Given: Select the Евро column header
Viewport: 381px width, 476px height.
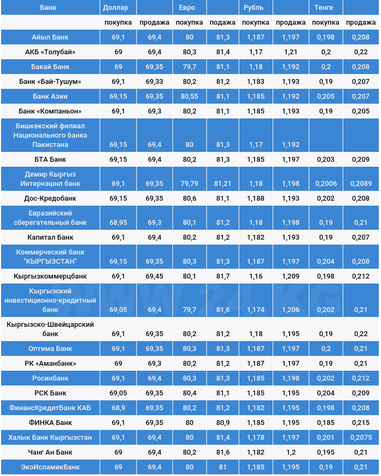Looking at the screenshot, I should tap(187, 8).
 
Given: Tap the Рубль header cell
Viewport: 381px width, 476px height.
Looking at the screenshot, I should tap(253, 8).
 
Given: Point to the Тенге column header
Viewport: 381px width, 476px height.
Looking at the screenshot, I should tap(324, 8).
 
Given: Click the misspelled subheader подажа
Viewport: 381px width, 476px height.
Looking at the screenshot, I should tap(223, 22).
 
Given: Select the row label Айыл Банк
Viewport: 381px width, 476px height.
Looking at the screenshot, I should tap(50, 37).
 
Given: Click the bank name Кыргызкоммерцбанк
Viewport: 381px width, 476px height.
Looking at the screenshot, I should tap(50, 276).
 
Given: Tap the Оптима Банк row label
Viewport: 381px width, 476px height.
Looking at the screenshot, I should tap(50, 349).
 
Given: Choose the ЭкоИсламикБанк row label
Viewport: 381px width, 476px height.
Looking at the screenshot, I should tap(50, 467).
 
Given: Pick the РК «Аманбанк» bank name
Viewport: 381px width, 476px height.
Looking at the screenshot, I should tap(50, 364).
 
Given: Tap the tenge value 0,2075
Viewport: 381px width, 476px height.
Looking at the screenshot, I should tap(360, 438).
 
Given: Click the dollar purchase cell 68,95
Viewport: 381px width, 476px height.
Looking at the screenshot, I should tap(118, 223).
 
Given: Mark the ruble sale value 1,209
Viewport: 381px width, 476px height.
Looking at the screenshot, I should tap(291, 276).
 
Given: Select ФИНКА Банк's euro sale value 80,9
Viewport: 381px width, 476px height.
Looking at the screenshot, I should tap(223, 423).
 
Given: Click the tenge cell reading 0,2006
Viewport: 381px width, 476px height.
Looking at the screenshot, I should tap(326, 183).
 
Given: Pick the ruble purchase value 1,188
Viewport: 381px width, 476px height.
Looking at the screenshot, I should tap(255, 198).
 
